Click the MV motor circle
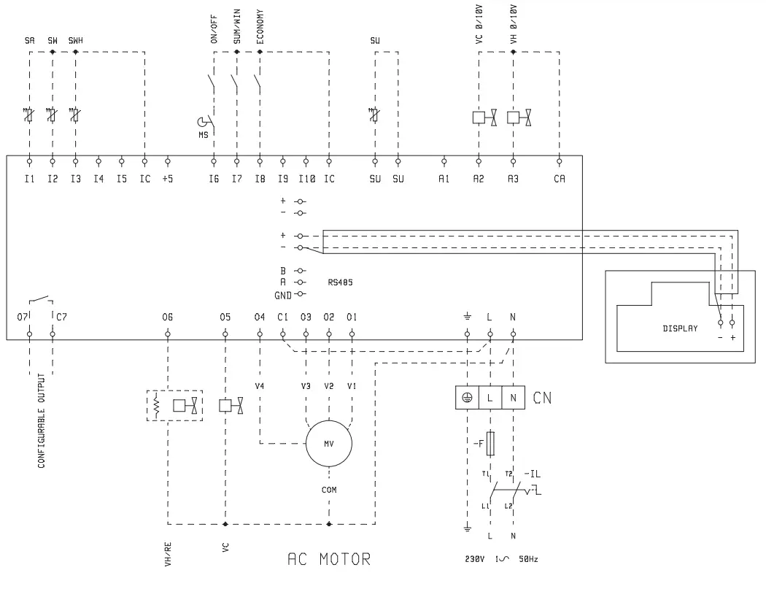[x=328, y=442]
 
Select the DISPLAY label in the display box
[x=680, y=328]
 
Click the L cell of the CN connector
[x=490, y=399]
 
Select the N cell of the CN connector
[x=513, y=399]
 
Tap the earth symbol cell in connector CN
[x=467, y=399]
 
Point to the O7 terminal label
[x=23, y=317]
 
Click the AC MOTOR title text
[x=329, y=561]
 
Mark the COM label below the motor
[x=329, y=490]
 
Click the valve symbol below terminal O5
[x=231, y=405]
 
